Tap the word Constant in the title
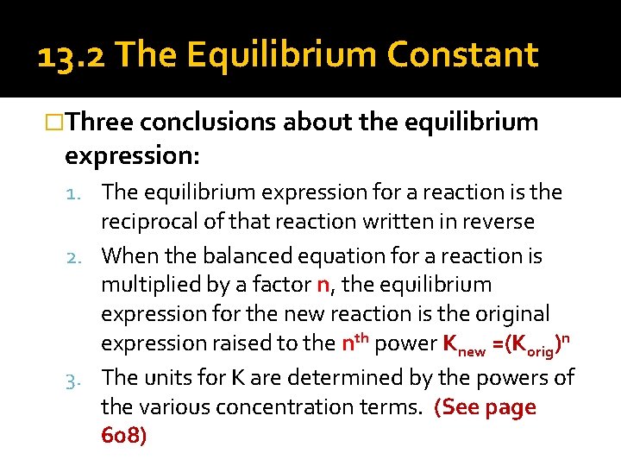pos(463,56)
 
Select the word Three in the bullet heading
pos(99,123)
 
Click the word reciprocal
pos(147,223)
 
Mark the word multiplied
pos(147,285)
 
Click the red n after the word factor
pos(323,286)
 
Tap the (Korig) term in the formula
pos(538,344)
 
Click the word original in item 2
pos(512,314)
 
